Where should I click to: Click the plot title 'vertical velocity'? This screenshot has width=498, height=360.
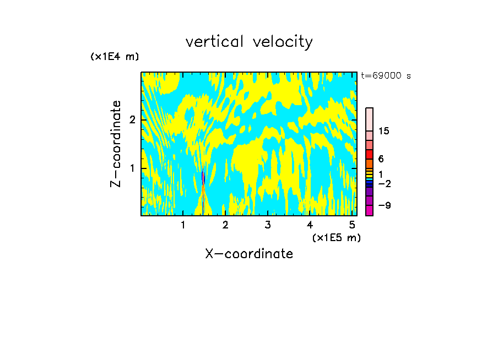tap(249, 42)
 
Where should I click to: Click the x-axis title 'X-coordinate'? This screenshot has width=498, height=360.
tap(249, 254)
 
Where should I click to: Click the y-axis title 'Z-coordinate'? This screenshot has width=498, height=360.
tap(116, 144)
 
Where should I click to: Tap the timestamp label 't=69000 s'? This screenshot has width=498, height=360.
tap(386, 76)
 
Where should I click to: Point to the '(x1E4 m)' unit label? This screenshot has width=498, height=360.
tap(115, 57)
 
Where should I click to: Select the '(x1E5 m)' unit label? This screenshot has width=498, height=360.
tap(336, 237)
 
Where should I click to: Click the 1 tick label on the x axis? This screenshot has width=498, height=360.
tap(183, 225)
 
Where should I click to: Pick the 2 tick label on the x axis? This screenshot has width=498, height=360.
tap(225, 225)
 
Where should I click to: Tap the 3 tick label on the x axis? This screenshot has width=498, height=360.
tap(268, 225)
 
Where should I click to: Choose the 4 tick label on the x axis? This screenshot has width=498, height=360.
tap(310, 225)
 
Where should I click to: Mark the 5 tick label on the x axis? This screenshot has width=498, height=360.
tap(352, 225)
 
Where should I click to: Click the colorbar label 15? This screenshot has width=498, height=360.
tap(384, 131)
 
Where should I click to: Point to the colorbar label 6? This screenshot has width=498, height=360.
tap(381, 159)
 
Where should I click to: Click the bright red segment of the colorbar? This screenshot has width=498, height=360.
tap(369, 154)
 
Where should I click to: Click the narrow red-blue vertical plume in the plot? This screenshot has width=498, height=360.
tap(203, 190)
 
